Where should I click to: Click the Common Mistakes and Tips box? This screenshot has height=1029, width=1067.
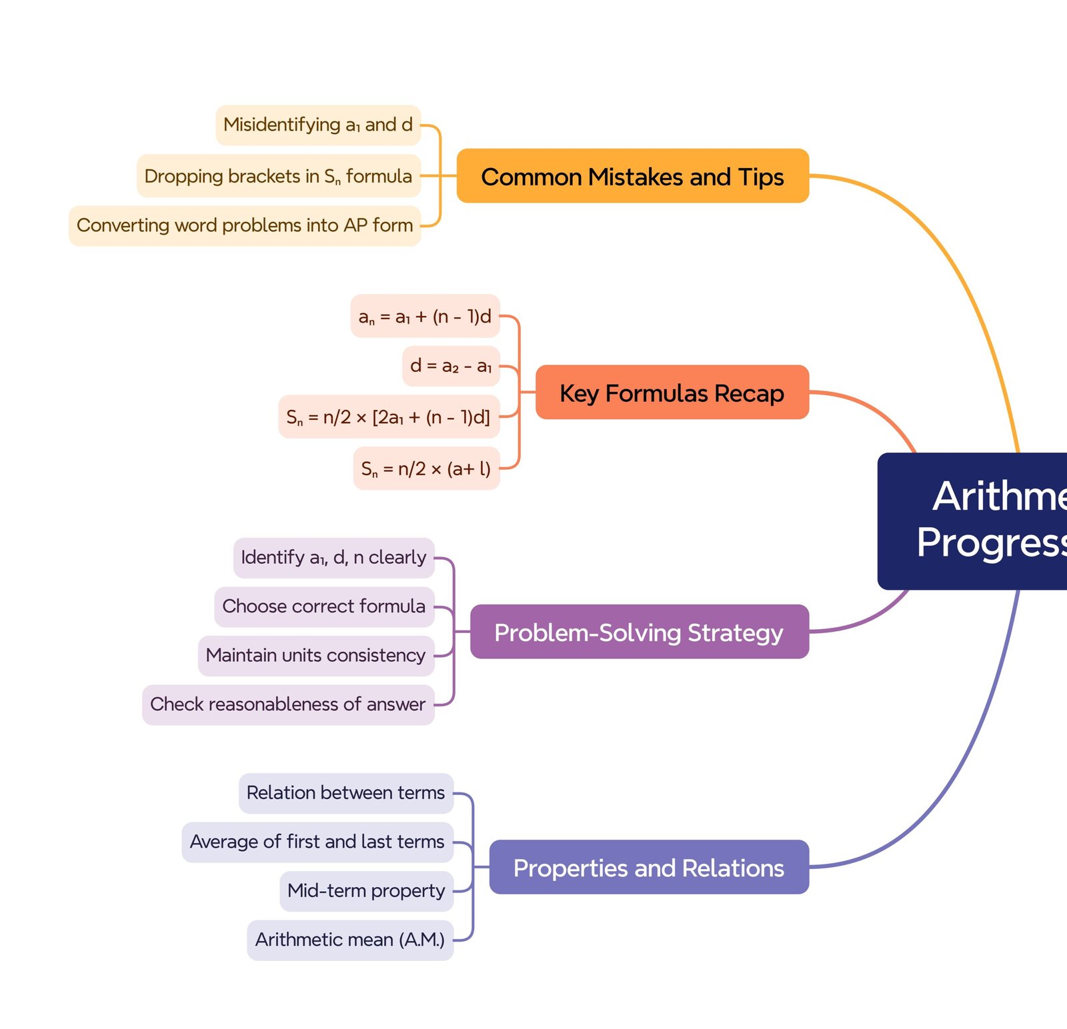632,176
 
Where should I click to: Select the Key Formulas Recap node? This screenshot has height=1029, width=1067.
672,393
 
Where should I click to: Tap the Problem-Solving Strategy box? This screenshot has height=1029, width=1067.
639,632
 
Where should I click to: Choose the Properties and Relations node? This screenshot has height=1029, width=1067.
648,867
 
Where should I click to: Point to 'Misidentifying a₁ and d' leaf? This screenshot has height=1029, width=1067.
318,125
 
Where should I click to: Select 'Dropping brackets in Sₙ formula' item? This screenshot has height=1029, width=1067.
279,176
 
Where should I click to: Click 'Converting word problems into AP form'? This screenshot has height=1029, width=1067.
245,225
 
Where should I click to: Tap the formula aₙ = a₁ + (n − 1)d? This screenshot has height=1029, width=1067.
425,316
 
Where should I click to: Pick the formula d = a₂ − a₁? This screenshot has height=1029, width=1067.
451,366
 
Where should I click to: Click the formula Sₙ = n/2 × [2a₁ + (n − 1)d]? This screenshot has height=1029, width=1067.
388,417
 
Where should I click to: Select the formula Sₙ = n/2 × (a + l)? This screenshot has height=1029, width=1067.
426,469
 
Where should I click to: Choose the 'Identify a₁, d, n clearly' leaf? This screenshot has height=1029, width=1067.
333,557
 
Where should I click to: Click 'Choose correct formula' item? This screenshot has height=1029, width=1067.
324,606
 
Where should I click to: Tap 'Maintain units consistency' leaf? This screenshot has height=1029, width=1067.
316,655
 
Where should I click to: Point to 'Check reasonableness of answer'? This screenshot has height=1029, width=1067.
288,704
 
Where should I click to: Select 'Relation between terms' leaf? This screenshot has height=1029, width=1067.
345,793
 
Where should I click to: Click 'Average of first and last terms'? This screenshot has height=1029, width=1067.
317,842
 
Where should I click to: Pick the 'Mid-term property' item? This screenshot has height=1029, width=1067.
366,890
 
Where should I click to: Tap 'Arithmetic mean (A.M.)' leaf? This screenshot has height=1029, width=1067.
350,940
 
